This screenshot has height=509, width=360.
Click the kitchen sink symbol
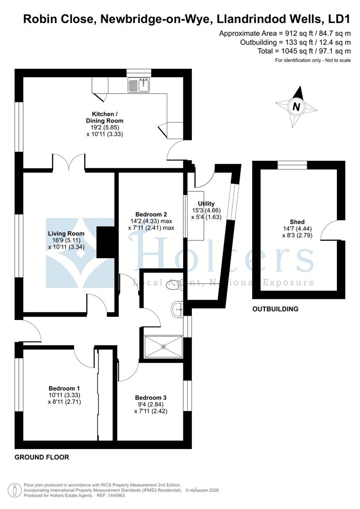tap(139, 85)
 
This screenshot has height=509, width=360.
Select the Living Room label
tap(66, 233)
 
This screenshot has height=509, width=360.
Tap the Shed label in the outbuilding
tap(297, 222)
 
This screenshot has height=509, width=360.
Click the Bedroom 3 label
tap(150, 397)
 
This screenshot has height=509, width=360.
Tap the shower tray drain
tap(164, 347)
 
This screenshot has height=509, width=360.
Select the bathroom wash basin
tap(178, 309)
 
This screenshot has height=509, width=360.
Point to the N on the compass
tap(296, 107)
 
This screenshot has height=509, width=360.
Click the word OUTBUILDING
tap(275, 309)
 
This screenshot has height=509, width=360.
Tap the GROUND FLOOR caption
tap(42, 457)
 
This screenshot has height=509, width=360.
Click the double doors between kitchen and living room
tap(69, 162)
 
